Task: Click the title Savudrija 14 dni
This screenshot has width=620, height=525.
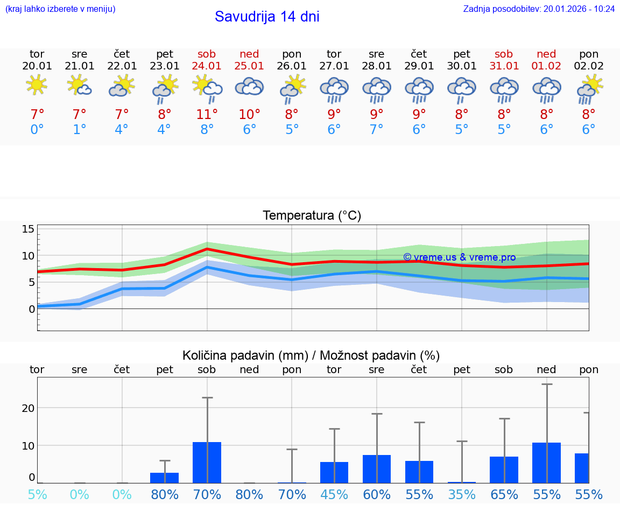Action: [x=267, y=17]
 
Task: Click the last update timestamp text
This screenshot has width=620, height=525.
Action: [x=539, y=9]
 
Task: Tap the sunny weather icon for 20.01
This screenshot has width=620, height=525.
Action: [x=37, y=85]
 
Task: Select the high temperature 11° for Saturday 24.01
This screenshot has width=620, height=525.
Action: [x=207, y=114]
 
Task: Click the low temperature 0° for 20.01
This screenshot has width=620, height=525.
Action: [x=37, y=130]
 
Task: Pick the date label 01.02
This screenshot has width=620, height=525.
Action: [x=546, y=66]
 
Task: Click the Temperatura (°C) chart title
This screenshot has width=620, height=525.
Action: [x=312, y=216]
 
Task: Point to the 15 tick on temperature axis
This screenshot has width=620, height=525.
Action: [x=28, y=229]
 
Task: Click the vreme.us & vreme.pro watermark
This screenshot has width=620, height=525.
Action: [x=459, y=257]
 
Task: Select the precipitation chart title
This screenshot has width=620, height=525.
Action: [x=311, y=355]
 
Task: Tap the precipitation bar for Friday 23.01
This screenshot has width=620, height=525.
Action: [x=164, y=478]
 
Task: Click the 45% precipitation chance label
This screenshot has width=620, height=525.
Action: [x=334, y=494]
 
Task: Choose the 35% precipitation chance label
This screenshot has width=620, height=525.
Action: [x=462, y=494]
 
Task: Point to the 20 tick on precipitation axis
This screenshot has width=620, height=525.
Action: [x=28, y=408]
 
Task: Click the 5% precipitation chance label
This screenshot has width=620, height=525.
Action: [x=37, y=494]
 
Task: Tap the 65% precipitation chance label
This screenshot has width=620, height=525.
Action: [x=504, y=494]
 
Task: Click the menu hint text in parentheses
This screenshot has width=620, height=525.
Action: [x=60, y=9]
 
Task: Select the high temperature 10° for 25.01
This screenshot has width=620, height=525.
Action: [x=249, y=114]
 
